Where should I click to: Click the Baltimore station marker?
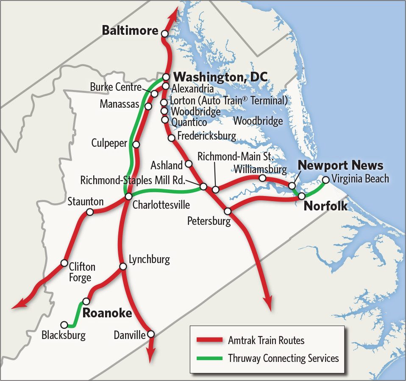click(x=164, y=34)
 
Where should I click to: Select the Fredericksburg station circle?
click(x=172, y=137)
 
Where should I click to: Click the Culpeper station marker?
click(x=136, y=145)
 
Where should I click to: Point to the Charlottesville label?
click(x=161, y=205)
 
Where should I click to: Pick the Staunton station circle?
click(x=90, y=212)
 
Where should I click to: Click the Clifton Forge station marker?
click(x=64, y=263)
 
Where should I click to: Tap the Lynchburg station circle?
click(x=123, y=266)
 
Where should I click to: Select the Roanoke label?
click(x=107, y=314)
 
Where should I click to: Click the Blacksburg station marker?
click(x=64, y=325)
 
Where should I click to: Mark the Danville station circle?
click(x=150, y=334)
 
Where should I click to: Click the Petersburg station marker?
click(x=228, y=211)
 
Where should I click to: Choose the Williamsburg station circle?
click(x=262, y=178)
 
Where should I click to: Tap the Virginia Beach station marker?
click(x=325, y=179)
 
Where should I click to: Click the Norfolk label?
click(x=326, y=207)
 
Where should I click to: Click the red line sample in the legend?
click(x=209, y=340)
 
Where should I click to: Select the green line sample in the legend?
click(x=209, y=358)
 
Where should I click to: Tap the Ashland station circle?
click(x=189, y=164)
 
